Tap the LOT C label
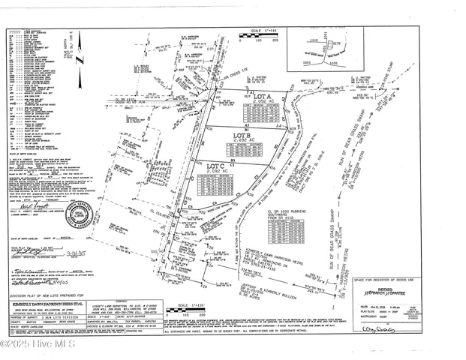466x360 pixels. coord(217,166)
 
